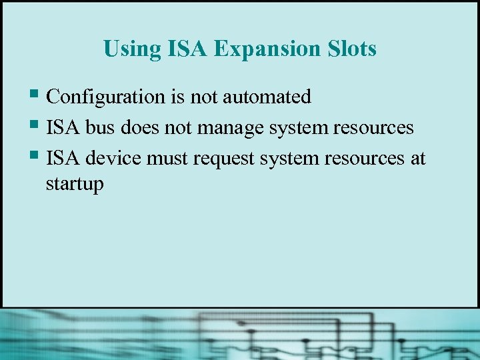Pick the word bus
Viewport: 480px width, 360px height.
coord(99,128)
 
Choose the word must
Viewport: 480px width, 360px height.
coord(167,159)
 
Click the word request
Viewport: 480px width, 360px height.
coord(223,159)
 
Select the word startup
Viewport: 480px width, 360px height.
coord(75,184)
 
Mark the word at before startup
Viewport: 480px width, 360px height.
coord(418,159)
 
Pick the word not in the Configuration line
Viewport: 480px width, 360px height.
coord(204,97)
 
